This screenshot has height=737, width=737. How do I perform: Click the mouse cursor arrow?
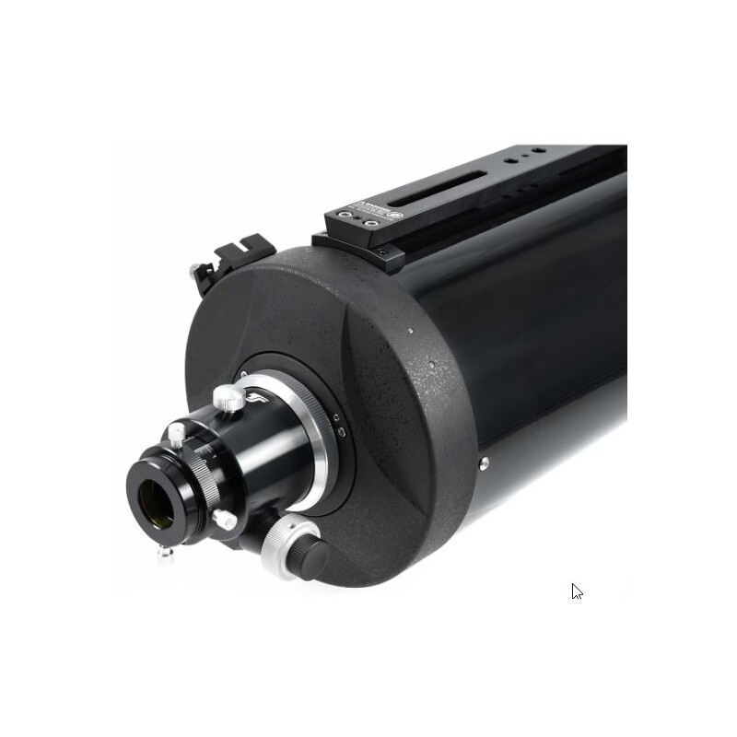tap(577, 592)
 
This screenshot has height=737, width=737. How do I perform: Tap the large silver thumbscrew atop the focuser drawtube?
tap(228, 399)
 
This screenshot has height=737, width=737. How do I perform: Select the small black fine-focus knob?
tap(313, 555)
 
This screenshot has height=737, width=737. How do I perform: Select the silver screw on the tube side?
tap(484, 462)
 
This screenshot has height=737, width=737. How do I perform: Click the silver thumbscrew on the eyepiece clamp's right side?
tap(224, 520)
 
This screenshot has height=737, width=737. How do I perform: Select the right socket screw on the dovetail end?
tap(370, 223)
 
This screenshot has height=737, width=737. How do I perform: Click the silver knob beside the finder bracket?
tap(197, 272)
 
